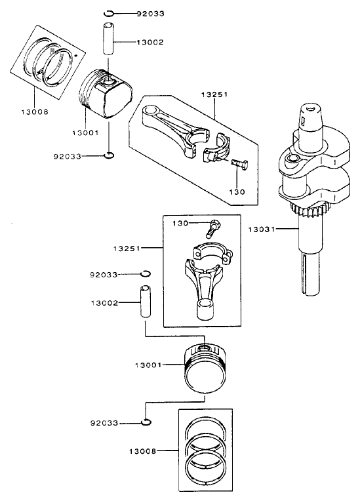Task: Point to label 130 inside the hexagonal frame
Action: [x=237, y=192]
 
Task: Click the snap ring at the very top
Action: [x=110, y=13]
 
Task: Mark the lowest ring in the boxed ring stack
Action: [x=207, y=467]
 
